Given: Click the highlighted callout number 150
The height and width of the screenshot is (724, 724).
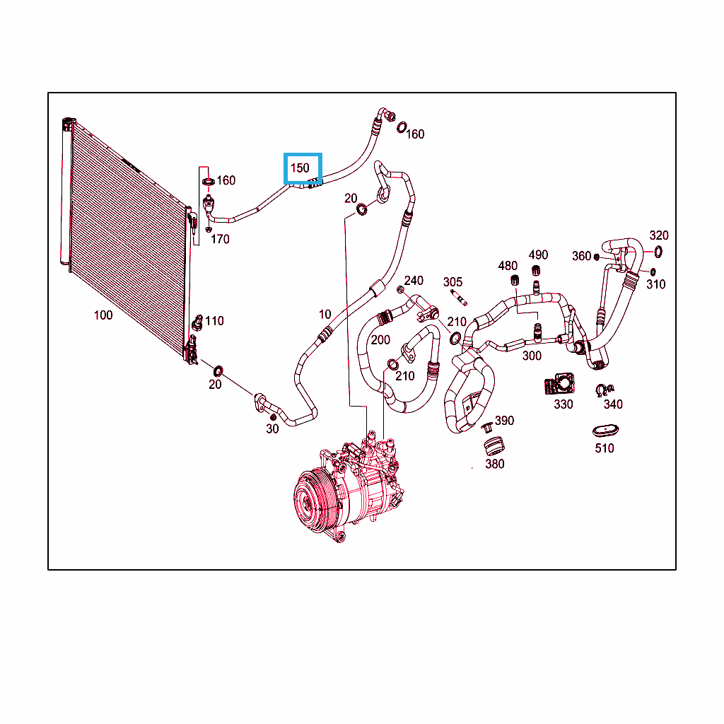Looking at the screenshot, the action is point(300,168).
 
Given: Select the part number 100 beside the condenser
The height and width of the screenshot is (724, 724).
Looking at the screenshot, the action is point(103,315).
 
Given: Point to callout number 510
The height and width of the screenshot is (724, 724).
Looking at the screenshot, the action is point(604,448).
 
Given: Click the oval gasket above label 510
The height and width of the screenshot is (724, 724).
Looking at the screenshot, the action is point(605,431).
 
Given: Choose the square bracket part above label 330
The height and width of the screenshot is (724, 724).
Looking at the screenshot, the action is point(559,384).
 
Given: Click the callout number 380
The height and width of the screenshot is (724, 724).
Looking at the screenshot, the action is point(494,464).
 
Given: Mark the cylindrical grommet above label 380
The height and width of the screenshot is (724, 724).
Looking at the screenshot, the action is point(494,445).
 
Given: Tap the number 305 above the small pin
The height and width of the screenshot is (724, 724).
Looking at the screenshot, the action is point(452,282).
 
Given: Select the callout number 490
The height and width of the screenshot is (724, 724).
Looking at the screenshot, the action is point(538,255).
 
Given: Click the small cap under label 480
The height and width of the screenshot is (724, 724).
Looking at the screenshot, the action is point(515,280).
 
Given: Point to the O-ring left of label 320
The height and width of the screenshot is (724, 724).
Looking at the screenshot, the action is point(658,252).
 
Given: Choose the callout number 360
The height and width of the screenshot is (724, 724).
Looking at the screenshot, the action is point(581,256).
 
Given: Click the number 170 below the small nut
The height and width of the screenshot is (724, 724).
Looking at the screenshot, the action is point(220,239).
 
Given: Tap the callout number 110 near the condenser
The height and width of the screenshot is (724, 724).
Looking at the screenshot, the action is point(214,321).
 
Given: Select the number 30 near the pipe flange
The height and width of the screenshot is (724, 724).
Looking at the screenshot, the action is point(272,429).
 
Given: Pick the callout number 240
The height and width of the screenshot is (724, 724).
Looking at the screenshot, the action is point(414,281).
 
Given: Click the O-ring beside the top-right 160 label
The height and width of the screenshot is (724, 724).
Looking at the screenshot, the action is point(402,127).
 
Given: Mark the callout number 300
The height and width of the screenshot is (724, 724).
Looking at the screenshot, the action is point(532,356).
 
